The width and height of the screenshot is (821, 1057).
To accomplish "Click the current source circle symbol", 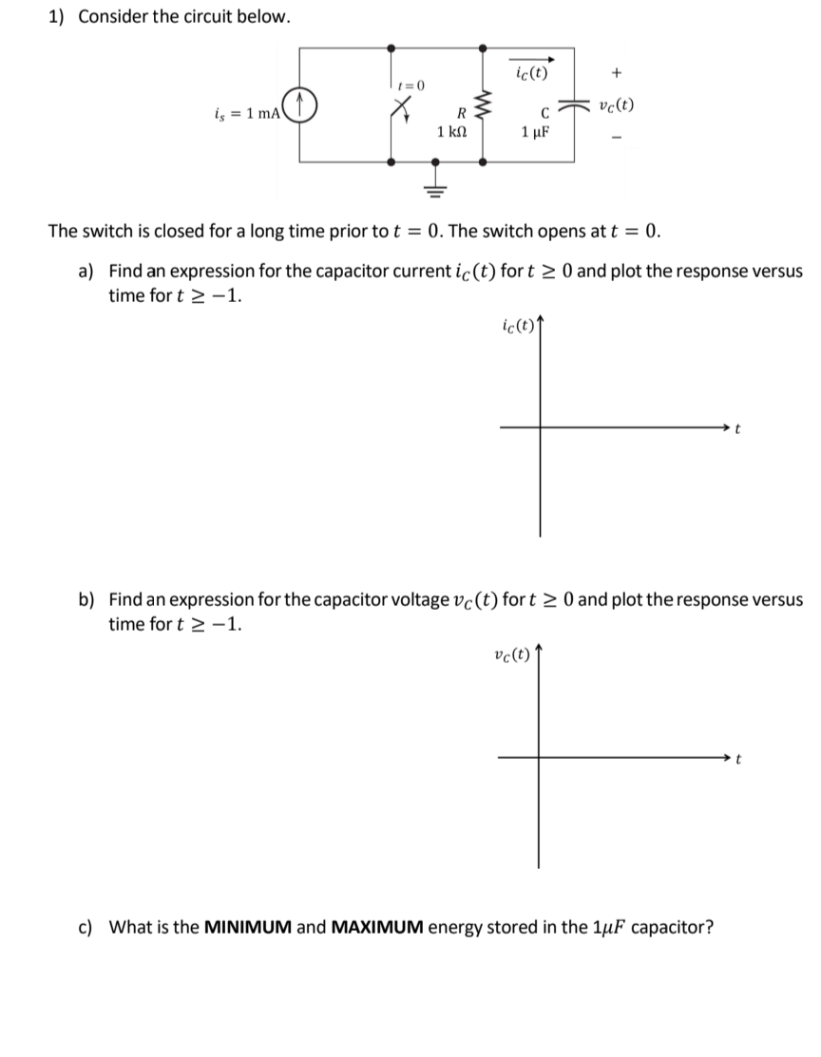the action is click(x=301, y=104).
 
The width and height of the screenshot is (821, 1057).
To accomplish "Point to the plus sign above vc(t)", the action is click(x=618, y=71).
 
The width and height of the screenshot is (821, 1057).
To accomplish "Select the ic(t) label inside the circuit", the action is click(x=530, y=72).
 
